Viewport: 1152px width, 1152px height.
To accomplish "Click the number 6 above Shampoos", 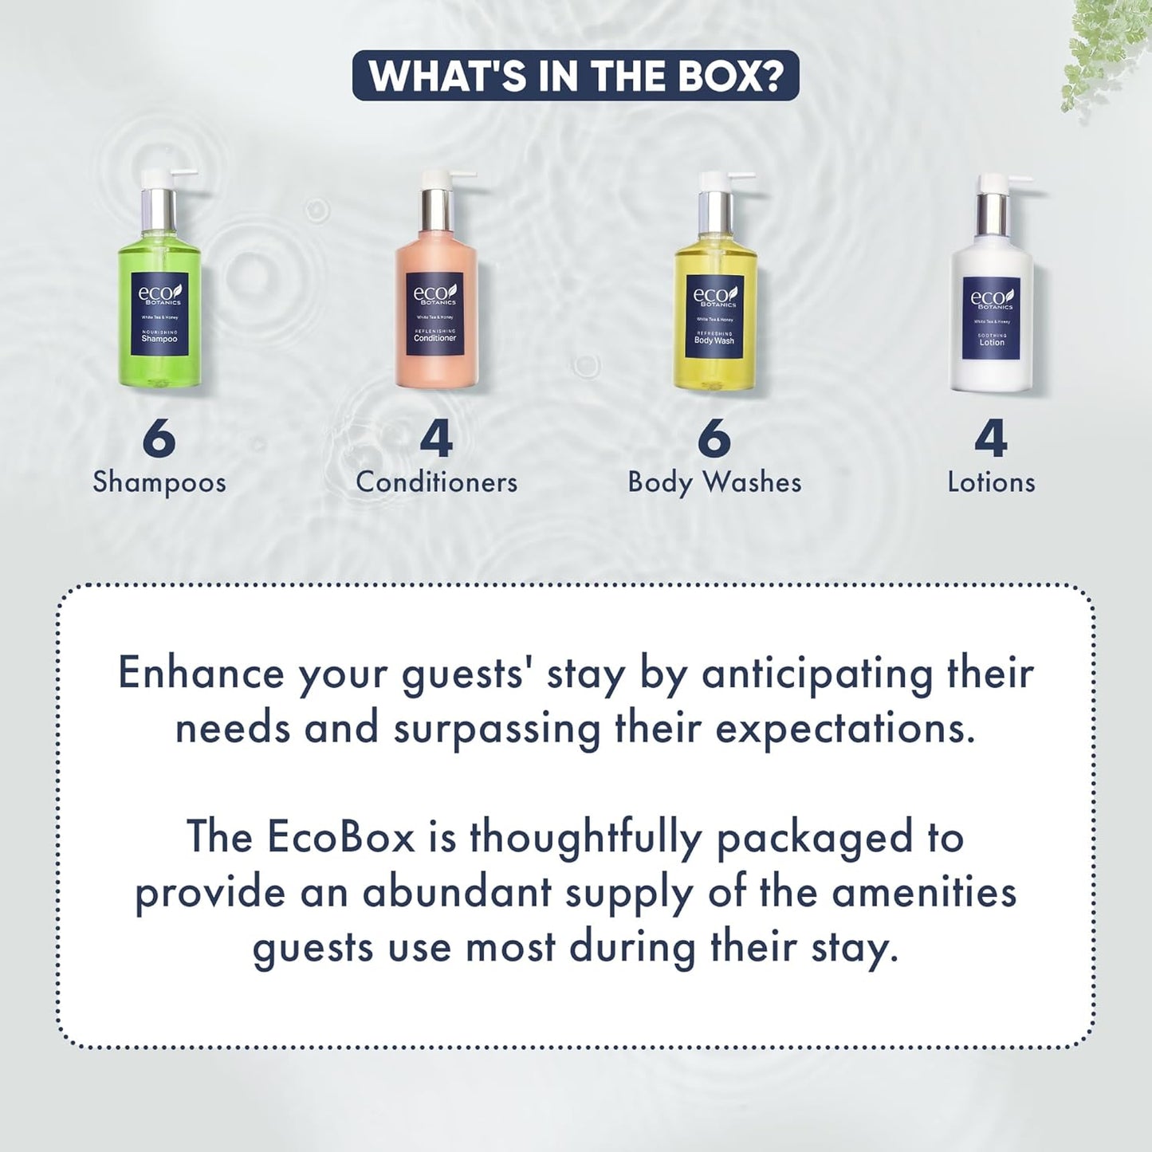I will [x=159, y=438].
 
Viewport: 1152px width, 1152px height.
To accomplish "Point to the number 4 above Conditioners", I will [x=436, y=438].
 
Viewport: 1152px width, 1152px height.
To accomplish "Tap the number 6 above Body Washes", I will [x=714, y=438].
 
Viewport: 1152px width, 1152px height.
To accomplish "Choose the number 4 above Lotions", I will [x=991, y=438].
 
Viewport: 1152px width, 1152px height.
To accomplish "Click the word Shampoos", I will [x=159, y=482].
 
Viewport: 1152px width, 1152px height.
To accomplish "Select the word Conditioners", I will [x=436, y=482].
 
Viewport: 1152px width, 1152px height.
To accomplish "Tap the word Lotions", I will [x=991, y=482].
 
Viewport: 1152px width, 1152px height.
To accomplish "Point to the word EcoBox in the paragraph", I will [x=341, y=837].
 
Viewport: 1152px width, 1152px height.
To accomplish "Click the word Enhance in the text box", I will [x=201, y=673].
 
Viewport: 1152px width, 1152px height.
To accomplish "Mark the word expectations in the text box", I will [x=845, y=729].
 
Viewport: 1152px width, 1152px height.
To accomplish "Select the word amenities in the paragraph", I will [x=924, y=892].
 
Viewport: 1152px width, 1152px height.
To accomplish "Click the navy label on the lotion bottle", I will [x=991, y=319].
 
